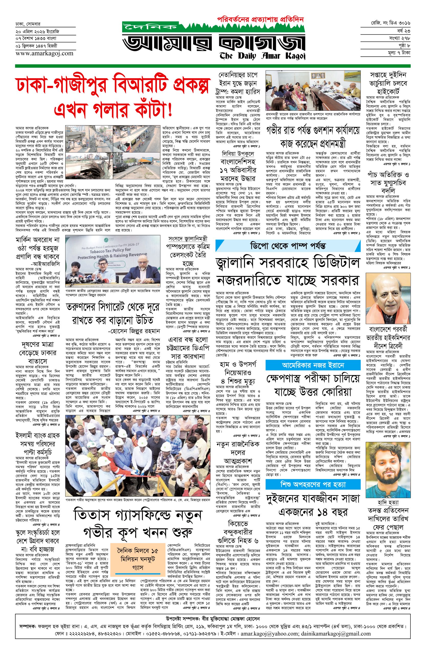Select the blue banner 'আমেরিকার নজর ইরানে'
click(x=313, y=366)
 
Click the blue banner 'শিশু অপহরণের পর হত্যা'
click(x=313, y=484)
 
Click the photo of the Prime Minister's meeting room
click(x=313, y=90)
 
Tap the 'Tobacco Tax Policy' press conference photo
click(x=113, y=261)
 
